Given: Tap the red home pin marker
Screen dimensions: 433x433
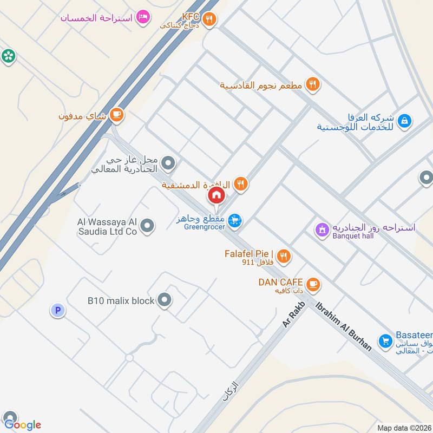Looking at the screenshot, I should tap(216, 196).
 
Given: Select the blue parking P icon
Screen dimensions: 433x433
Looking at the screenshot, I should tap(57, 311).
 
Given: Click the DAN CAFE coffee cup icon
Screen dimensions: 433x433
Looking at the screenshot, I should tap(312, 284).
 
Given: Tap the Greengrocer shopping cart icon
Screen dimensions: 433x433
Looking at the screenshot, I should tap(234, 220).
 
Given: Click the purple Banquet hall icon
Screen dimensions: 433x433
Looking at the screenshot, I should tap(322, 230).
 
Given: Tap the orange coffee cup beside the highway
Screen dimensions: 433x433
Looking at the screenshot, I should tap(116, 115).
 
